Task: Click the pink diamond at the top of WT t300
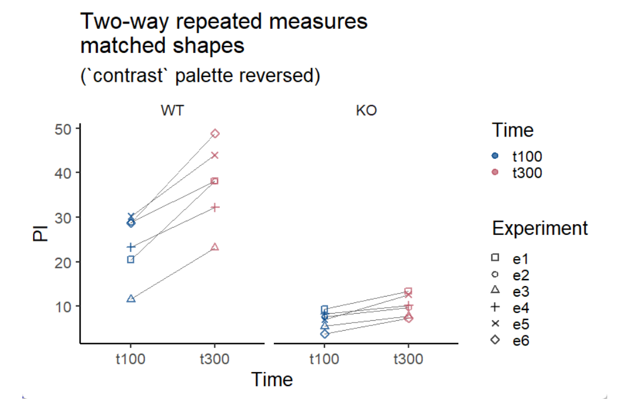tap(215, 134)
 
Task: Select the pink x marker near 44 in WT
tap(215, 155)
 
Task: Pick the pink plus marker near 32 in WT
tap(215, 207)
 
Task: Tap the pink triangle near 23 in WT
tap(215, 247)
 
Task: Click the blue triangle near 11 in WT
tap(131, 299)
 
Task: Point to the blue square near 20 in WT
tap(131, 260)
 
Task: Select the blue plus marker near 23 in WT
tap(131, 247)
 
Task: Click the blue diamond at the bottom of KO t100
tap(324, 334)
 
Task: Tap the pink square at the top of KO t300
tap(408, 291)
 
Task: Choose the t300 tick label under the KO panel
tap(408, 358)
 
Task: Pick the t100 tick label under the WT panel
tap(131, 358)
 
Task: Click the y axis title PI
tap(40, 234)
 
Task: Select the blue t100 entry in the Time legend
tap(518, 156)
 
